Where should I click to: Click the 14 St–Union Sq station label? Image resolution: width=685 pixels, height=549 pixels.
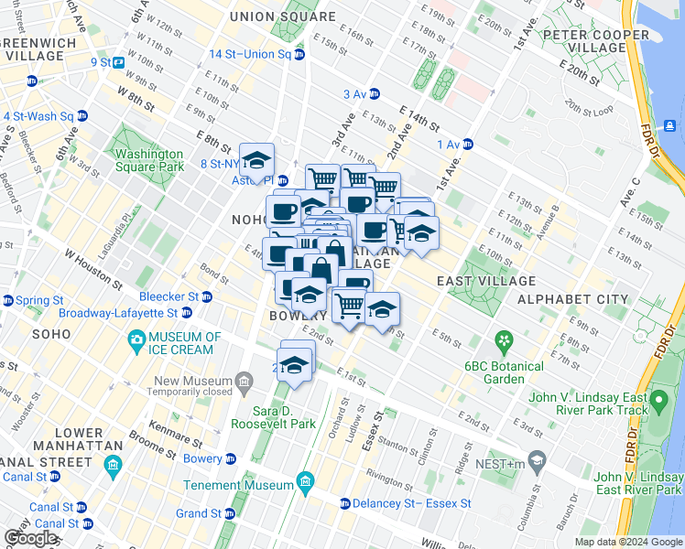pos(250,54)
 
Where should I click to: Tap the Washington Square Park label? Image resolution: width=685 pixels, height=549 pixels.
pos(149,161)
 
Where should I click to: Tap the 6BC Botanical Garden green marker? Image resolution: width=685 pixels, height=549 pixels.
pos(503,343)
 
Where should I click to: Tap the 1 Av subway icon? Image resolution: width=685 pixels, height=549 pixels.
pos(468,144)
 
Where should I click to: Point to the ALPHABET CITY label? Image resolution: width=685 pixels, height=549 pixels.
pos(572,299)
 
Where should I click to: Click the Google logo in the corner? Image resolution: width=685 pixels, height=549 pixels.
pos(30,538)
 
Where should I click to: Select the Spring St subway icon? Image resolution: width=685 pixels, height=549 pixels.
pos(7,300)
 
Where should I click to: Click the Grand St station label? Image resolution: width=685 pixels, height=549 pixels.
pos(198,513)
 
